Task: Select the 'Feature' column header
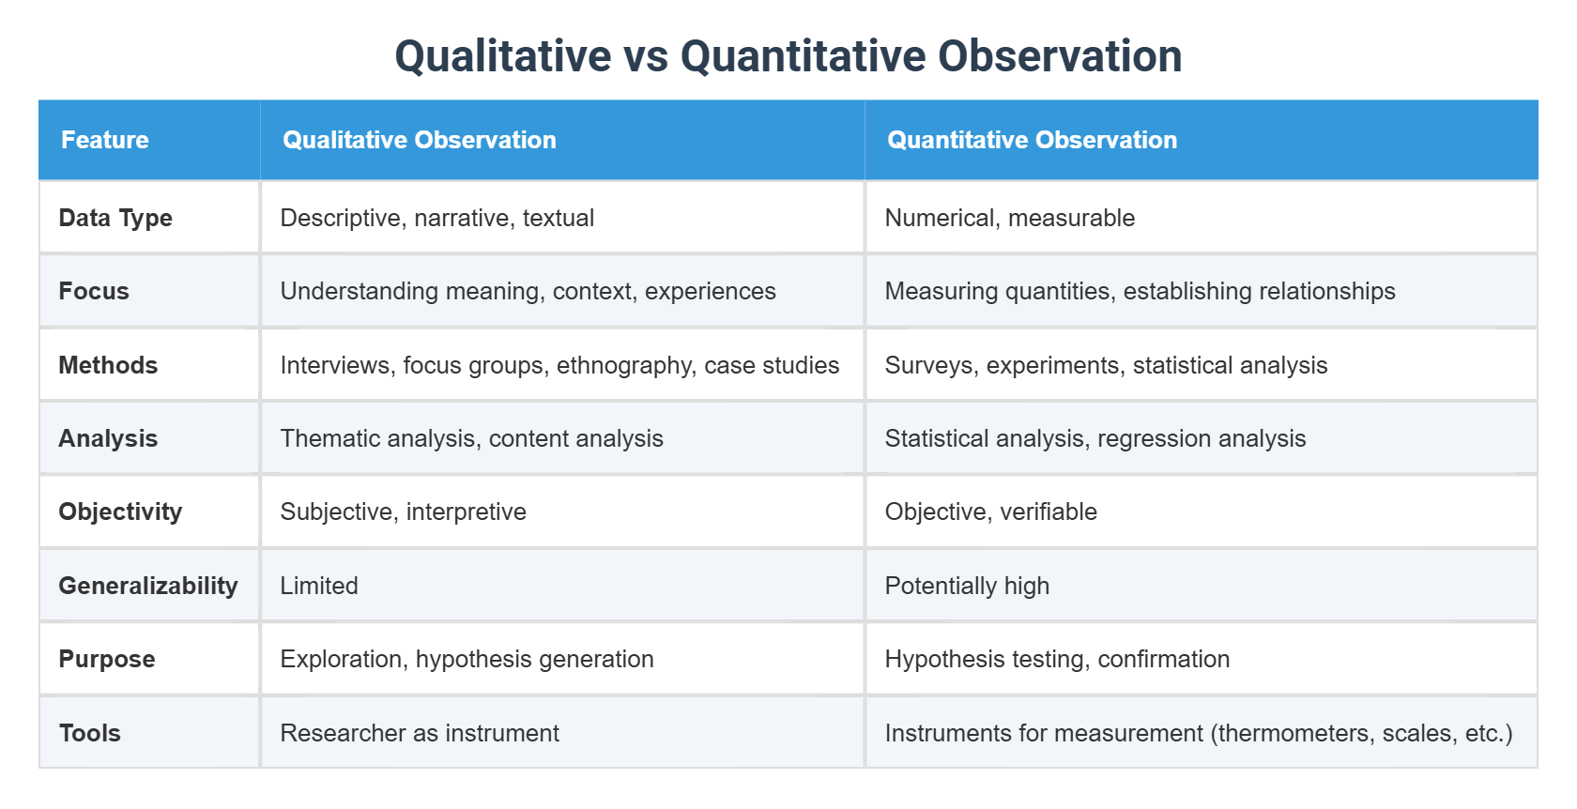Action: point(105,140)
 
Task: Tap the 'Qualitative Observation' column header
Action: point(420,140)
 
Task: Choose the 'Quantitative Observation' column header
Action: point(1032,140)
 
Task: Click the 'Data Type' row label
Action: point(115,218)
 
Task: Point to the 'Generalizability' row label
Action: point(148,586)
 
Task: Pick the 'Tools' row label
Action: point(90,733)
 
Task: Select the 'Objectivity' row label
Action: point(120,511)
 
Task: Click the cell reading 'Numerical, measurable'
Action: point(1010,218)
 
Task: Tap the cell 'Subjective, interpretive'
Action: point(404,511)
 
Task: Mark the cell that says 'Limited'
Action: point(319,586)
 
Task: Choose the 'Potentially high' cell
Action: point(967,586)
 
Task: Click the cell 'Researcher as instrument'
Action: point(420,733)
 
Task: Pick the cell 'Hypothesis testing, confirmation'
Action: point(1057,659)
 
